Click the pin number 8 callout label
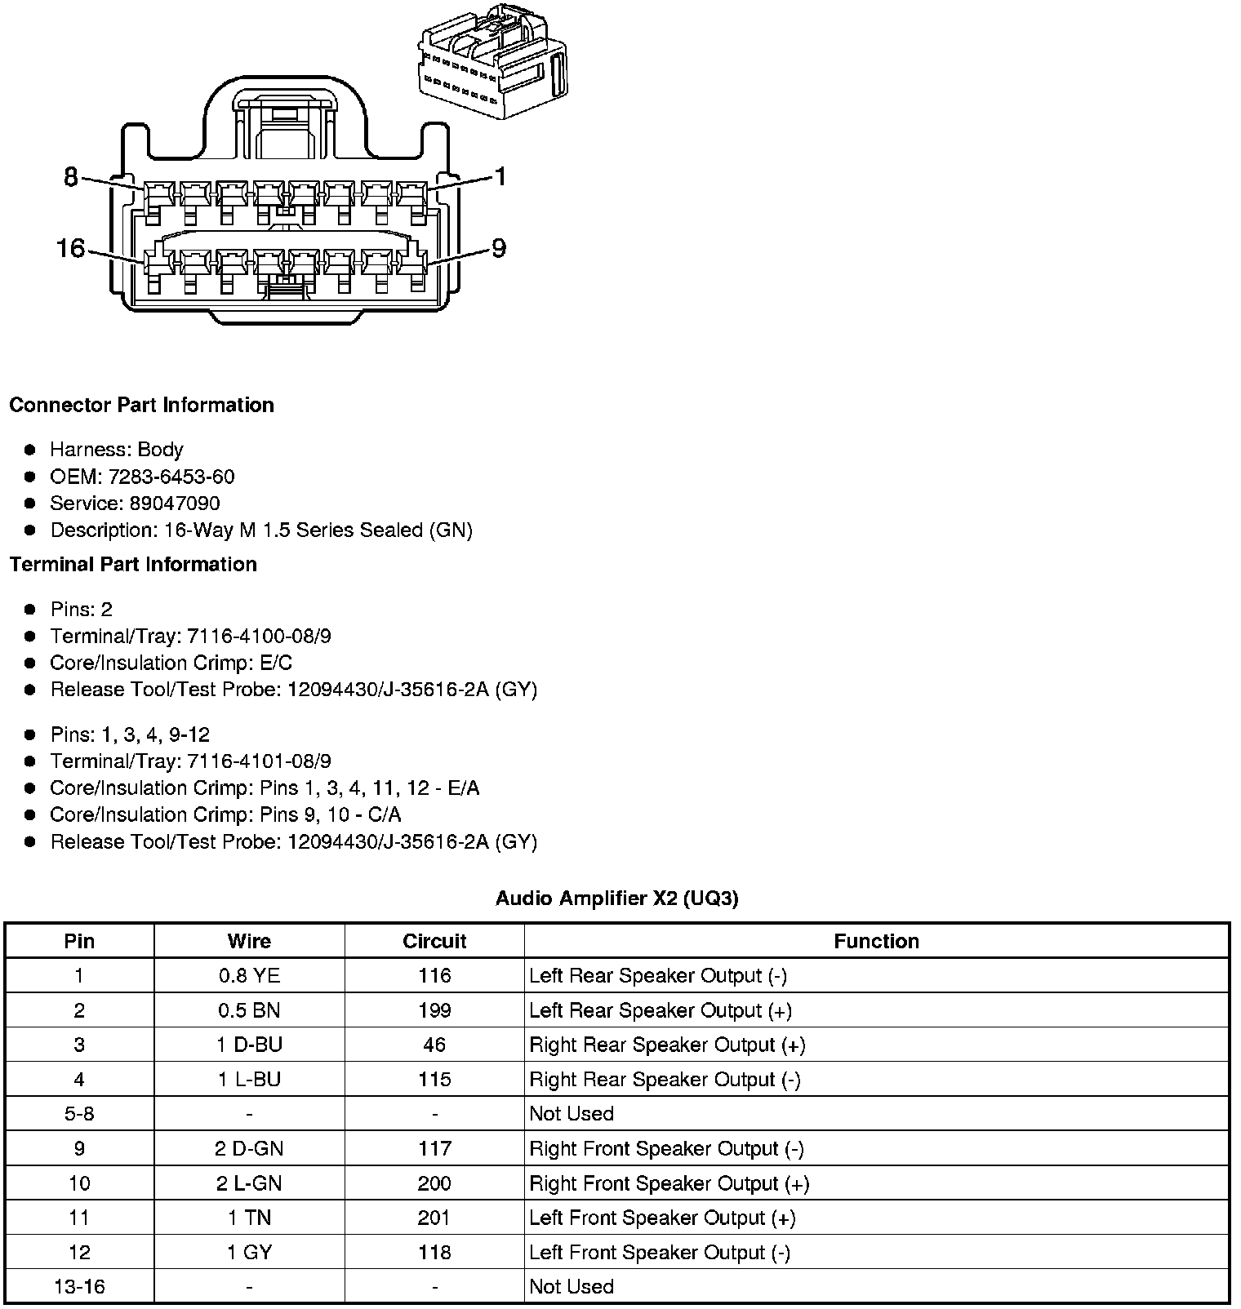pyautogui.click(x=71, y=176)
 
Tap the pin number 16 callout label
pyautogui.click(x=71, y=247)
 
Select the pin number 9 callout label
pyautogui.click(x=499, y=247)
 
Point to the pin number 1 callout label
pyautogui.click(x=500, y=176)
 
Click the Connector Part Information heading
pyautogui.click(x=141, y=406)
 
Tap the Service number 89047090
pyautogui.click(x=175, y=504)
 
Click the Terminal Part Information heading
pyautogui.click(x=133, y=565)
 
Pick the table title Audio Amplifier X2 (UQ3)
pyautogui.click(x=617, y=899)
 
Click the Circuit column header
pyautogui.click(x=434, y=941)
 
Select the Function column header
pyautogui.click(x=876, y=941)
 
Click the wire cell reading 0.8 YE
pyautogui.click(x=249, y=976)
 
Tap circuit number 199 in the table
pyautogui.click(x=434, y=1010)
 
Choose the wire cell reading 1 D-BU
pyautogui.click(x=249, y=1045)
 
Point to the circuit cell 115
pyautogui.click(x=434, y=1080)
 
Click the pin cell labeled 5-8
pyautogui.click(x=79, y=1114)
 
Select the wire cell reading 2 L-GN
pyautogui.click(x=249, y=1183)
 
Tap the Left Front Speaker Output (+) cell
pyautogui.click(x=662, y=1218)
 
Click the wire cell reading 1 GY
pyautogui.click(x=249, y=1252)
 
